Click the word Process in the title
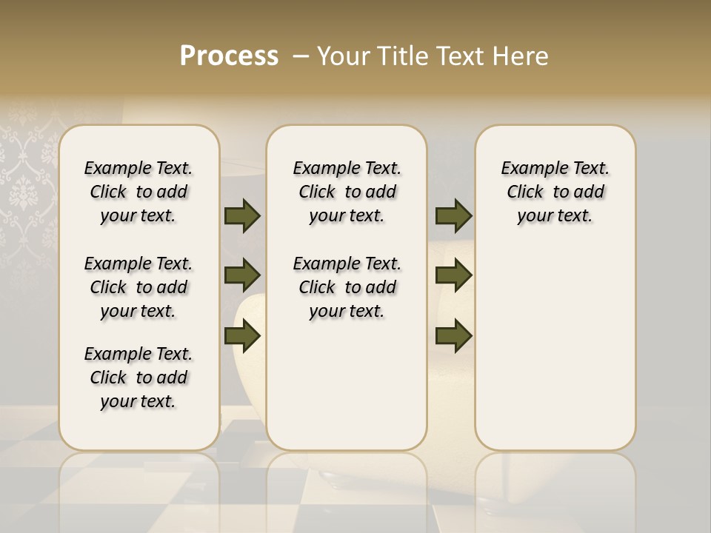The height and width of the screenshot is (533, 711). [x=229, y=56]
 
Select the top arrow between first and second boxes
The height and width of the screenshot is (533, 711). [x=242, y=216]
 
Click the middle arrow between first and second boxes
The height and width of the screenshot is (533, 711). [x=242, y=275]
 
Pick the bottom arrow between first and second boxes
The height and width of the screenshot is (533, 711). [x=242, y=336]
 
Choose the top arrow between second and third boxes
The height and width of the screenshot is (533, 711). [x=453, y=216]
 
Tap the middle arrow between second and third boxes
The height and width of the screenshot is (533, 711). [x=453, y=275]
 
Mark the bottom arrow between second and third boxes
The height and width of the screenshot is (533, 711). [x=453, y=336]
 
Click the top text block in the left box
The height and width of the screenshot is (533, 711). [x=138, y=192]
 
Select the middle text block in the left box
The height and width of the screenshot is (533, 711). [x=138, y=287]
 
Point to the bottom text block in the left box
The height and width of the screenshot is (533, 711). [x=138, y=378]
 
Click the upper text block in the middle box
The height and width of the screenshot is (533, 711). [x=347, y=192]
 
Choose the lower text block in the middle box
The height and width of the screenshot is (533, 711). [x=347, y=287]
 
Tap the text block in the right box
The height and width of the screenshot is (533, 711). [x=555, y=192]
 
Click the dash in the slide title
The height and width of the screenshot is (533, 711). [x=301, y=57]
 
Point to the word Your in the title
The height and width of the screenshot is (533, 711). [x=343, y=56]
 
